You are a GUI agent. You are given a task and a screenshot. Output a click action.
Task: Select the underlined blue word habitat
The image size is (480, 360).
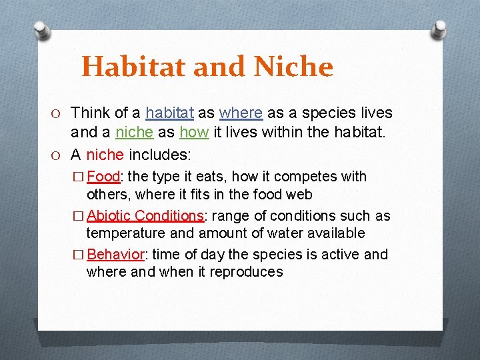(x=169, y=113)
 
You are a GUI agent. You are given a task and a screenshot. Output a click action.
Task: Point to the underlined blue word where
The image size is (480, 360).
(x=241, y=113)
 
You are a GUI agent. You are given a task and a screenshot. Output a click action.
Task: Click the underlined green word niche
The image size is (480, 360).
(x=134, y=133)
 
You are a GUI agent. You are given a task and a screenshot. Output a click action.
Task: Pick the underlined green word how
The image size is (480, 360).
(x=194, y=133)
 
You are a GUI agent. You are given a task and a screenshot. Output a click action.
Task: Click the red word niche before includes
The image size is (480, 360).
(x=105, y=155)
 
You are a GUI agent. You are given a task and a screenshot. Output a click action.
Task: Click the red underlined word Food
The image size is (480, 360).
(x=103, y=177)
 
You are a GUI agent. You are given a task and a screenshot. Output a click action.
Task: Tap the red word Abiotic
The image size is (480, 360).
(x=109, y=216)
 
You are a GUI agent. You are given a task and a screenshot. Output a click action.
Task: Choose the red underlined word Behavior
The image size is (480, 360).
(x=115, y=255)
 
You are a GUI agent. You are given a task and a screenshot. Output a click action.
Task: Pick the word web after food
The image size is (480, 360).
(x=299, y=194)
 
